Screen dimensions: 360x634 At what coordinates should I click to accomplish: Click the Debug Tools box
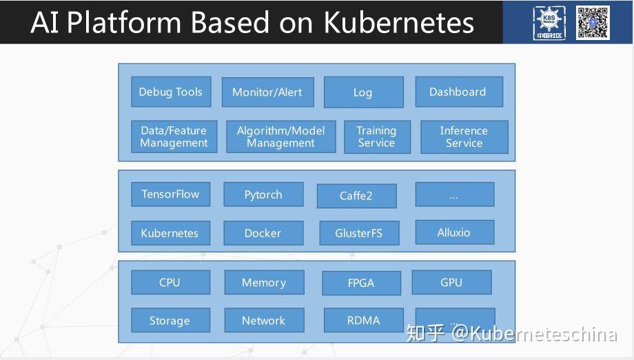click(x=170, y=92)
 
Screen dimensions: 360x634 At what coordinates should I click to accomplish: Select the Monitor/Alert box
click(x=267, y=92)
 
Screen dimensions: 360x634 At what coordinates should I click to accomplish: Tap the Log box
click(x=363, y=92)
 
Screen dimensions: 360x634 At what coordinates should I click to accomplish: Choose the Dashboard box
click(x=458, y=92)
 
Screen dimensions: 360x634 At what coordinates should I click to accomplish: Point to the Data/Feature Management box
click(x=174, y=137)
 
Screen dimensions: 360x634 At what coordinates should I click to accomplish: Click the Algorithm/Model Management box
click(x=280, y=137)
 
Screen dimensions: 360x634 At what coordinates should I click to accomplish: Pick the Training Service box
click(x=377, y=137)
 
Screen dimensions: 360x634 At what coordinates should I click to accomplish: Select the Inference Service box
click(x=464, y=137)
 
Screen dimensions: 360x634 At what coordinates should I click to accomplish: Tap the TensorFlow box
click(x=170, y=194)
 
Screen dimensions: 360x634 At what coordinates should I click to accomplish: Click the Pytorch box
click(x=263, y=194)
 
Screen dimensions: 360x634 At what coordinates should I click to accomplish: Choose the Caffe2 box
click(x=356, y=196)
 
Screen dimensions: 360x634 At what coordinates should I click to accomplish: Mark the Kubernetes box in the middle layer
click(x=170, y=233)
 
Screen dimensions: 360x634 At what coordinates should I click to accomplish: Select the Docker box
click(x=263, y=233)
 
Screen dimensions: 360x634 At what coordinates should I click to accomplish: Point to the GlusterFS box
click(x=358, y=233)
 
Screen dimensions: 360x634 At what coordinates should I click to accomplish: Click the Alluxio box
click(x=454, y=232)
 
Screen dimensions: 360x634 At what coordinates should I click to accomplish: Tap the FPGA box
click(x=361, y=283)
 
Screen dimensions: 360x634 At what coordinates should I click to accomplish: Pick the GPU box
click(x=451, y=282)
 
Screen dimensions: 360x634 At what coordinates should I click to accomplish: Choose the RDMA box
click(x=363, y=321)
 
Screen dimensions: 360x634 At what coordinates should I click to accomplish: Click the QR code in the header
click(x=593, y=21)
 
